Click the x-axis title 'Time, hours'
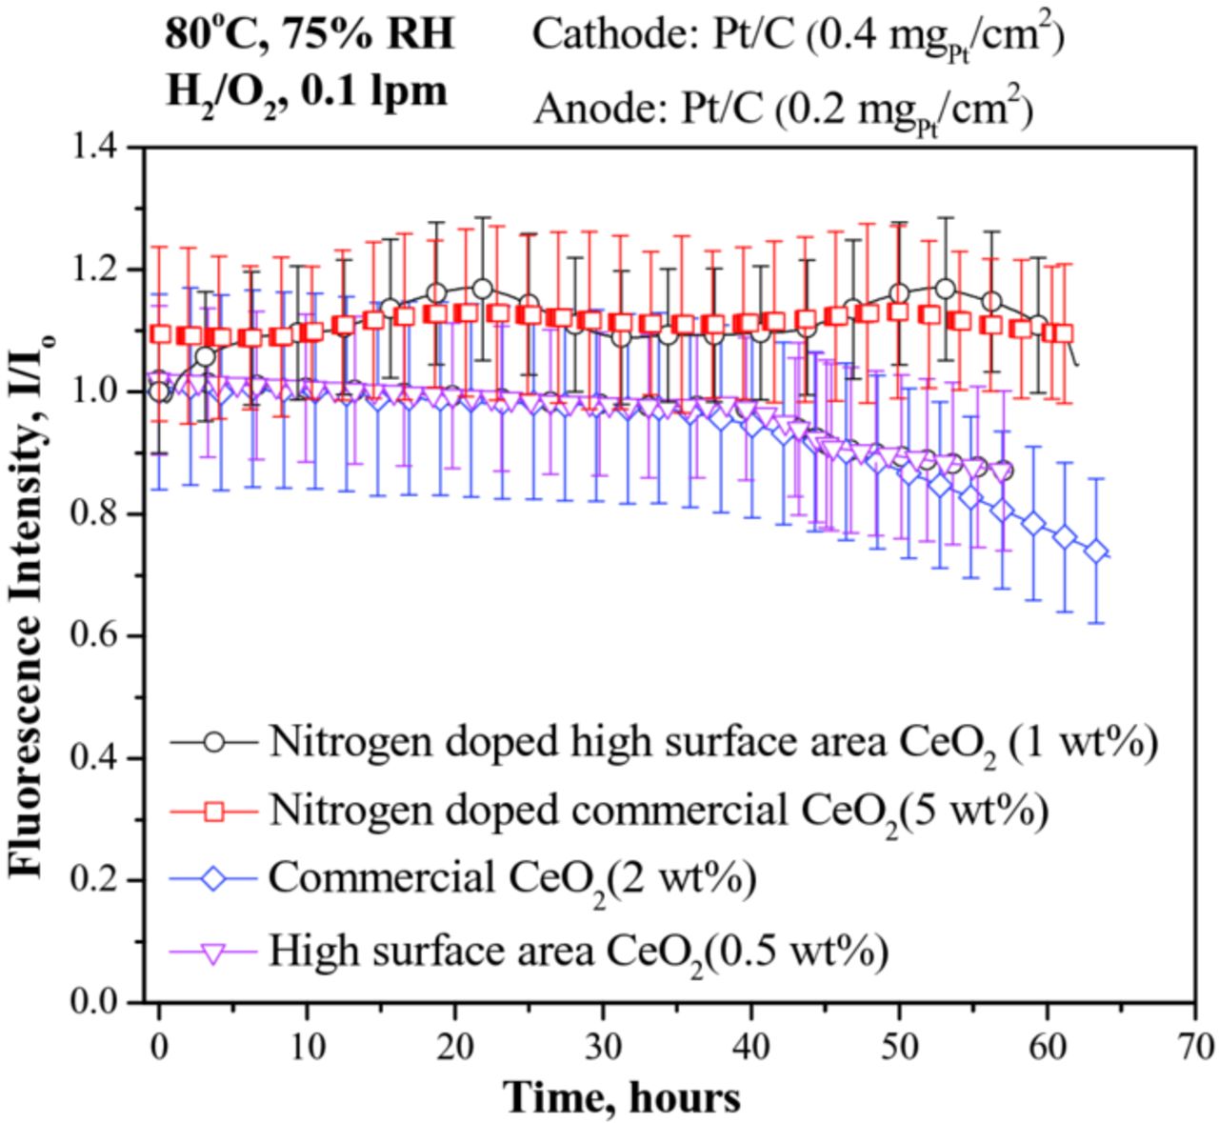pyautogui.click(x=622, y=1097)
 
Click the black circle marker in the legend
pyautogui.click(x=215, y=742)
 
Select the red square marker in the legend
pyautogui.click(x=215, y=811)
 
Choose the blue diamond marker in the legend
pyautogui.click(x=215, y=878)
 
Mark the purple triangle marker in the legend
pyautogui.click(x=215, y=950)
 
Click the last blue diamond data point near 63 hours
pyautogui.click(x=1096, y=552)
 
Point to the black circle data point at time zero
pyautogui.click(x=159, y=391)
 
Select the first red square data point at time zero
pyautogui.click(x=161, y=334)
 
